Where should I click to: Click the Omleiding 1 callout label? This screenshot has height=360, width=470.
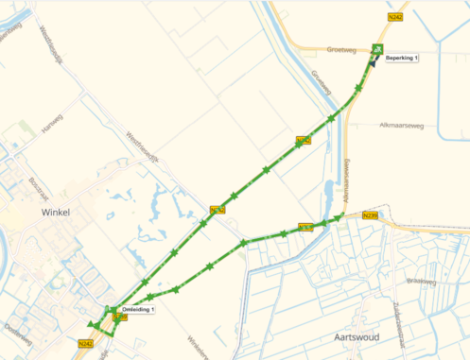tap(138, 310)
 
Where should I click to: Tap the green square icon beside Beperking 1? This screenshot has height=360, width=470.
tap(378, 49)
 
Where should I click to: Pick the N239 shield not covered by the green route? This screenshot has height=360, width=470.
tap(370, 216)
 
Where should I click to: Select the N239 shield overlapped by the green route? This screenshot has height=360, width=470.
tap(305, 227)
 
